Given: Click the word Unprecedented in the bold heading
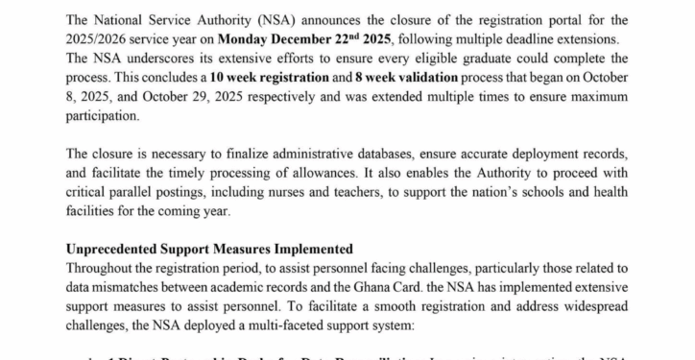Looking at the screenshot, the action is (x=114, y=250).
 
